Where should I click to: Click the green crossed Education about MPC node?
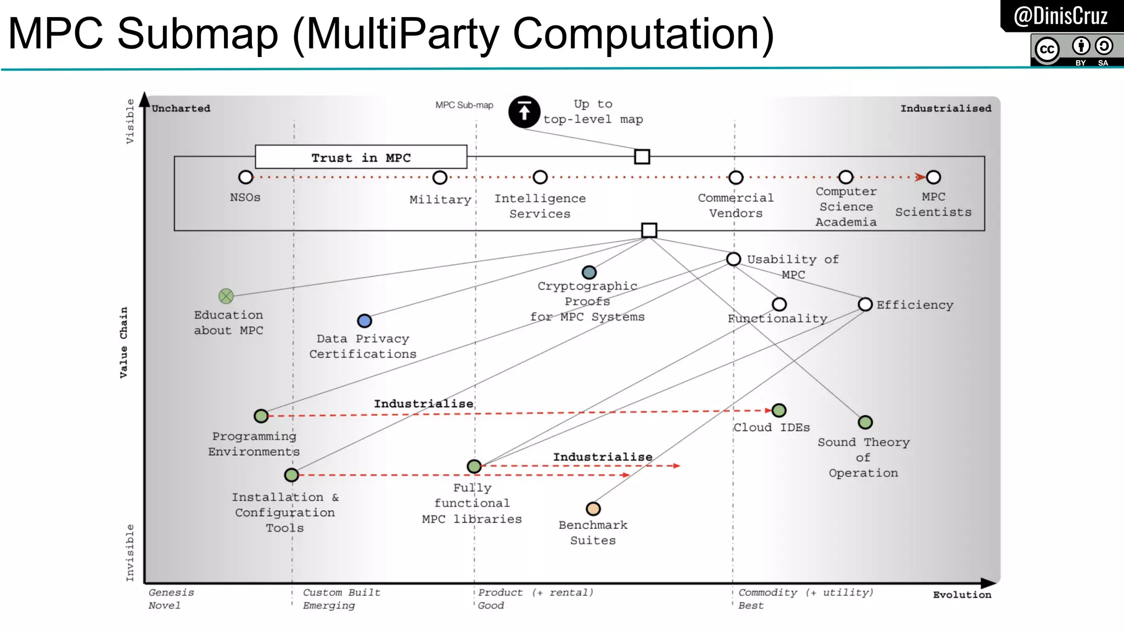click(x=226, y=296)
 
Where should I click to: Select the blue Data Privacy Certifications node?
click(x=364, y=321)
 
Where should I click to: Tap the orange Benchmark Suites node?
click(x=593, y=509)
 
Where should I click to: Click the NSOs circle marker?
click(x=245, y=177)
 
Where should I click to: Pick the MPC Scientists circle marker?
click(x=934, y=177)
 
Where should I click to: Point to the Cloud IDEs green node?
click(x=779, y=410)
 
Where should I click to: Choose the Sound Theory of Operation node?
click(x=866, y=422)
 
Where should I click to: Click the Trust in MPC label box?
click(x=361, y=157)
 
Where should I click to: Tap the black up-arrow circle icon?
click(x=524, y=112)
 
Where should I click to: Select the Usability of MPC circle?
click(x=734, y=259)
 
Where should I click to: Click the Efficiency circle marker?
click(x=866, y=304)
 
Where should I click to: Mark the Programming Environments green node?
click(x=261, y=416)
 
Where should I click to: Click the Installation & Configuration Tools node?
click(x=291, y=475)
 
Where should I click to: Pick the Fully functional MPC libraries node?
click(x=474, y=466)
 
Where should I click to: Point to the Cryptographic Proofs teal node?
click(x=589, y=272)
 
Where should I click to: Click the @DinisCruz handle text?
click(x=1060, y=16)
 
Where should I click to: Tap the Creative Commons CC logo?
click(x=1047, y=49)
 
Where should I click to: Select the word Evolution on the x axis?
click(x=962, y=595)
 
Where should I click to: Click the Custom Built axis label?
click(x=341, y=592)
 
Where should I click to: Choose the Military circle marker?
click(x=440, y=177)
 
